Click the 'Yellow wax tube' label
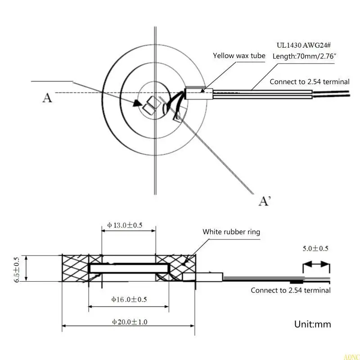(238, 56)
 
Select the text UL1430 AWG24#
(304, 45)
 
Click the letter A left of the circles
(47, 97)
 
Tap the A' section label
(265, 201)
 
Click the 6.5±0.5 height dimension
(17, 269)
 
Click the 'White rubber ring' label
(231, 232)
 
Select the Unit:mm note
(312, 324)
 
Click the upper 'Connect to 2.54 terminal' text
(309, 82)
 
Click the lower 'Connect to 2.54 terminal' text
(290, 290)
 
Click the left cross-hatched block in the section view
(75, 269)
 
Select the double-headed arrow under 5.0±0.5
(316, 264)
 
